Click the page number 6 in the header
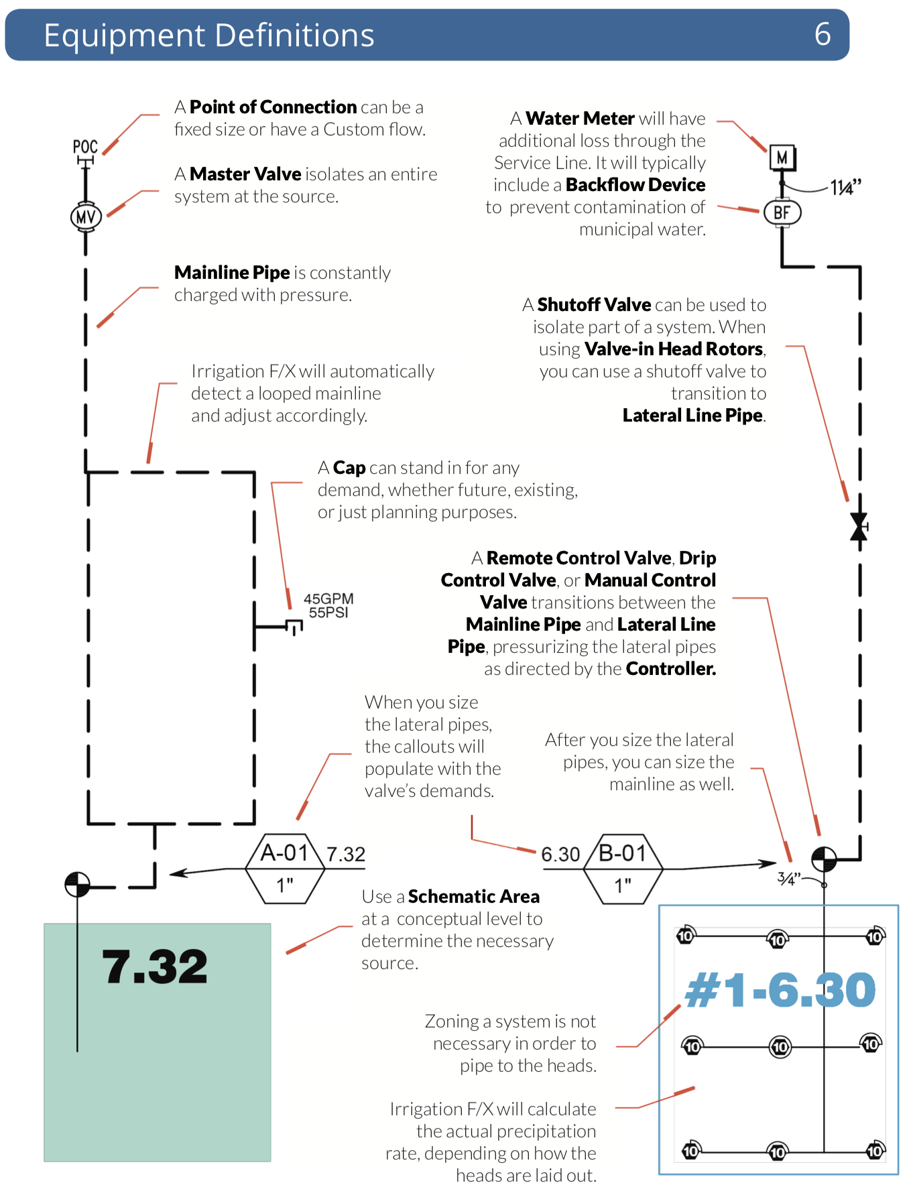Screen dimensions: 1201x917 [822, 34]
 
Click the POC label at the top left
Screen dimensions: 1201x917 [85, 147]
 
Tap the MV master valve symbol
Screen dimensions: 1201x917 [86, 216]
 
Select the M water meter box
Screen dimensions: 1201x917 [782, 158]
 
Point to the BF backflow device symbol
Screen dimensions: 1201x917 [782, 212]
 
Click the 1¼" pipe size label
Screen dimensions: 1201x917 [845, 188]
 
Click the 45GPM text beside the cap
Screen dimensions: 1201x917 [328, 598]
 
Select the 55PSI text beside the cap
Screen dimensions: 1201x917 [328, 613]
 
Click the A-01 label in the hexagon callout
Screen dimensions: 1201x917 [284, 852]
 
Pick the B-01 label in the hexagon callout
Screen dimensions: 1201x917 [623, 852]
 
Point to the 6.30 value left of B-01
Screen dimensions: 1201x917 [560, 855]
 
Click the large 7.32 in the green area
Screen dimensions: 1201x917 [155, 966]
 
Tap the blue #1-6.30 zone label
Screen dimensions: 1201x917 [780, 990]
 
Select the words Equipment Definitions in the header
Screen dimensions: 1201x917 [209, 35]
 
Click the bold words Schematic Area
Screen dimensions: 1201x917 [473, 897]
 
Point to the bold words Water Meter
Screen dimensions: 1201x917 [580, 119]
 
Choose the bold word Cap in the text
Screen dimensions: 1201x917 [349, 468]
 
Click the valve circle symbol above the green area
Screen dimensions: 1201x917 [77, 884]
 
